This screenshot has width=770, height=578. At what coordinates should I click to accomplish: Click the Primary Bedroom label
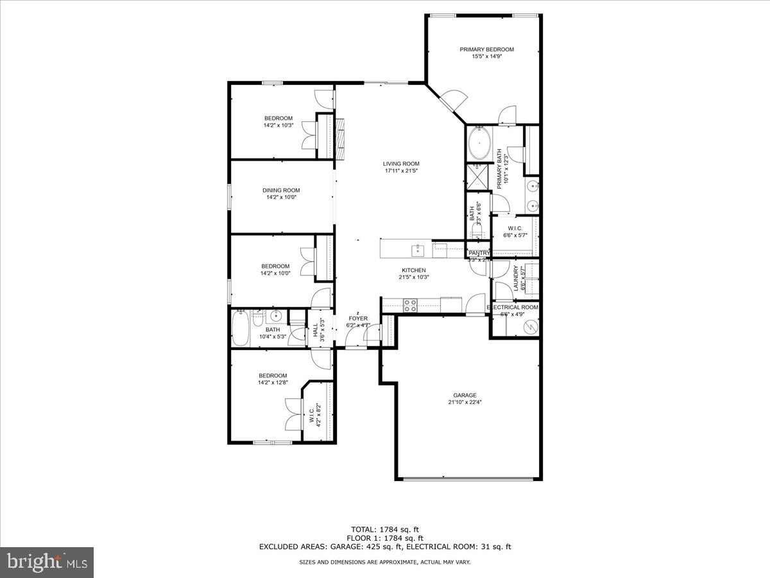click(x=486, y=49)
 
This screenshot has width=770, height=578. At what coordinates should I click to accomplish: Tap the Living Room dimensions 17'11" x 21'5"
click(x=401, y=171)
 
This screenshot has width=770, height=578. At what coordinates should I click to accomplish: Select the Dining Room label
click(x=281, y=190)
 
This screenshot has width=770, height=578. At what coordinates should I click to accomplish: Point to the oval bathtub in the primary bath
click(x=478, y=144)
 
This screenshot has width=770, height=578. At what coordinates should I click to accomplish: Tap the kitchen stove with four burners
click(x=410, y=306)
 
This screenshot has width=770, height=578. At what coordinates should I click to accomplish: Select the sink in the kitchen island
click(x=418, y=248)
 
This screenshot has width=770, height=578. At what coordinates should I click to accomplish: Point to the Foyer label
click(x=358, y=319)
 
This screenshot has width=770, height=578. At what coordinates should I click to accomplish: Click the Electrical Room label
click(x=513, y=308)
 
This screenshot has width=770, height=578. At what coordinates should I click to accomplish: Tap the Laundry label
click(x=516, y=279)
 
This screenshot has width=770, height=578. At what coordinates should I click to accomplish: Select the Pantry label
click(x=479, y=253)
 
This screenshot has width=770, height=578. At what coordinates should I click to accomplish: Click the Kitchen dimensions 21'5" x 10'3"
click(x=415, y=277)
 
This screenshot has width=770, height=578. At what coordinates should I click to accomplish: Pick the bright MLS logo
click(x=47, y=563)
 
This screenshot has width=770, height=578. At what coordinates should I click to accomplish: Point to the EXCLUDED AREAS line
click(x=384, y=547)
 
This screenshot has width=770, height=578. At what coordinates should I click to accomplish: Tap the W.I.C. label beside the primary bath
click(x=515, y=229)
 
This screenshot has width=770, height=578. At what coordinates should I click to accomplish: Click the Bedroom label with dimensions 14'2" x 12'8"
click(x=273, y=376)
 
